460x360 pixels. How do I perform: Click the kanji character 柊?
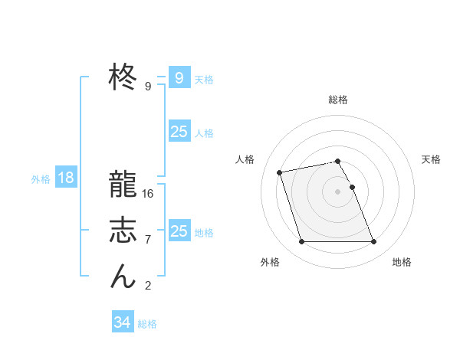point(123,77)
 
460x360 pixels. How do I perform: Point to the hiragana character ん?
point(123,277)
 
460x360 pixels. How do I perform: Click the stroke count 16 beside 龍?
point(148,193)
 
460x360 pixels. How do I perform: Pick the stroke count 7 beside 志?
point(148,240)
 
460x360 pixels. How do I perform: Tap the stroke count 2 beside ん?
point(148,286)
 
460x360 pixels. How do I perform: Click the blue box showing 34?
point(123,322)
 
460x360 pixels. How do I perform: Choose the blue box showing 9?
point(179,78)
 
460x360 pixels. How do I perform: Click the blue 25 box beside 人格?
point(179,132)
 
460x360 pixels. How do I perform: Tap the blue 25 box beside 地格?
point(179,231)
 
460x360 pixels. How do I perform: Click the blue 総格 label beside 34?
point(147,324)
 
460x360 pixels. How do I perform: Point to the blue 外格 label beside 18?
point(41,179)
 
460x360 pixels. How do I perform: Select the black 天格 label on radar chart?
point(431,159)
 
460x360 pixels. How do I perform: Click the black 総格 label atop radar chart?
point(338,100)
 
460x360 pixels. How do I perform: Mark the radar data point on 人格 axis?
point(280,172)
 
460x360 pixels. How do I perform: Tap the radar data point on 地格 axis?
point(373,242)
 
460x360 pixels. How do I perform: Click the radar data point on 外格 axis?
point(301,242)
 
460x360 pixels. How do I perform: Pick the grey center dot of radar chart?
point(337,191)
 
